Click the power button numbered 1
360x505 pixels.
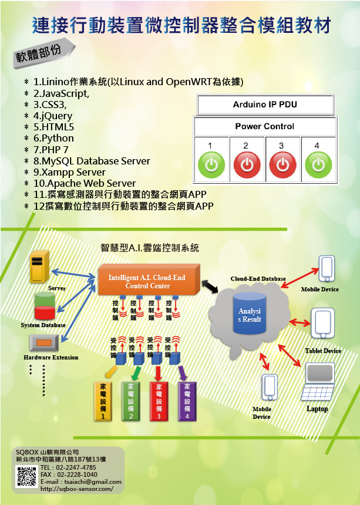[x=211, y=164]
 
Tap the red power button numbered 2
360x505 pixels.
[x=247, y=164]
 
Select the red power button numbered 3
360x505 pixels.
[x=282, y=164]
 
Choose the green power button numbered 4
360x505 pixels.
[x=318, y=164]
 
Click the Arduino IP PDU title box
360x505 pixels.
[x=265, y=105]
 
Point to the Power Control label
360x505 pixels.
[x=265, y=126]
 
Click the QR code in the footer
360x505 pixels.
[x=27, y=476]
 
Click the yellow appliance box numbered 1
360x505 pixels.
[x=103, y=401]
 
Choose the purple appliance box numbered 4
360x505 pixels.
[x=187, y=401]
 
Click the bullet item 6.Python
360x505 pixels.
[x=53, y=139]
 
